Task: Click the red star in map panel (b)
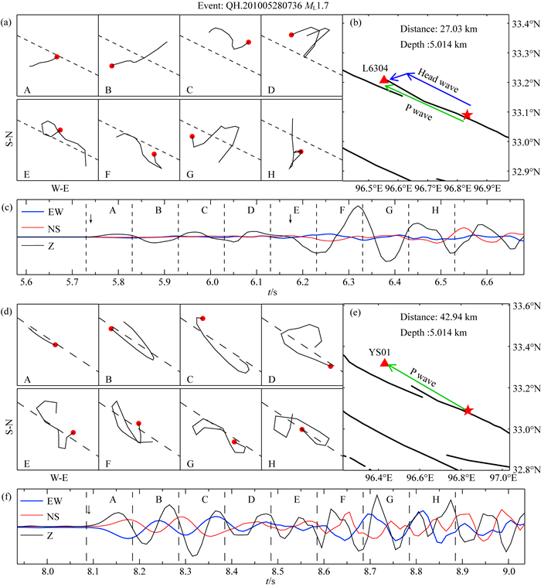(468, 114)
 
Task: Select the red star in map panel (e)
(468, 410)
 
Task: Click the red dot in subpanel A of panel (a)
(57, 56)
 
